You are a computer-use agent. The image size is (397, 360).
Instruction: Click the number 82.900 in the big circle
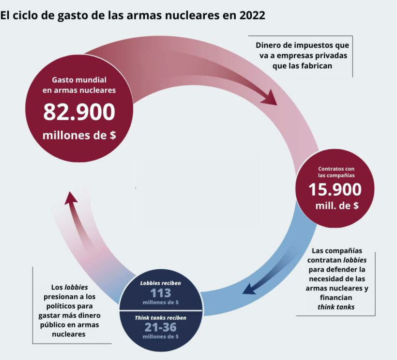click(79, 112)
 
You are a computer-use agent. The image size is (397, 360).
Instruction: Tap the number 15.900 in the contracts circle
click(335, 189)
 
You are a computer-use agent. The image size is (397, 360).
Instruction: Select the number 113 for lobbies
click(161, 293)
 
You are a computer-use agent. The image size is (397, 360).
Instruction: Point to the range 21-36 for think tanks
click(160, 328)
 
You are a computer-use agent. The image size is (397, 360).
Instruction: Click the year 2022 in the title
click(250, 15)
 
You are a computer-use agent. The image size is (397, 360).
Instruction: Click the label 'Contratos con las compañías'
click(336, 172)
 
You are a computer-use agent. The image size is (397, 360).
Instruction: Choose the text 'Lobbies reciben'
click(160, 283)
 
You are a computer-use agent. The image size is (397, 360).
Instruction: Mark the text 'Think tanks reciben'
click(160, 317)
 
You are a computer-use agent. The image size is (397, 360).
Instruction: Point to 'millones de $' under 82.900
click(79, 135)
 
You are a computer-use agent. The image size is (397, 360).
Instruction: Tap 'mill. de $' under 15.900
click(335, 205)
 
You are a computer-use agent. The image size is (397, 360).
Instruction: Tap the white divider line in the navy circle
click(160, 310)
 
